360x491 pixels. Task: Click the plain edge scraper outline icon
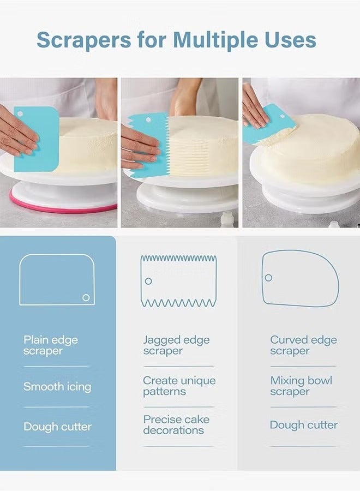(x=57, y=279)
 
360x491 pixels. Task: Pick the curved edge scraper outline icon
(x=299, y=278)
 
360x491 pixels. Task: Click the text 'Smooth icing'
(x=57, y=387)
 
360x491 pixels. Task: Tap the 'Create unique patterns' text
(x=179, y=386)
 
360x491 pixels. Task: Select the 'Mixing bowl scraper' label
(x=301, y=386)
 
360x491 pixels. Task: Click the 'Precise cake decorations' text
(x=176, y=425)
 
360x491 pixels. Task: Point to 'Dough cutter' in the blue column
(x=57, y=427)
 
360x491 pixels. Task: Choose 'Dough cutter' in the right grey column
(x=304, y=425)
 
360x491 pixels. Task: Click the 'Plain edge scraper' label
(x=51, y=345)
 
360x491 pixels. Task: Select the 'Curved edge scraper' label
(x=303, y=345)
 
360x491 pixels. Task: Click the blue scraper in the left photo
(x=37, y=139)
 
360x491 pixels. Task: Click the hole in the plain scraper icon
(x=86, y=297)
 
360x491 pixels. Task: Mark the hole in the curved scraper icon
(x=268, y=278)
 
